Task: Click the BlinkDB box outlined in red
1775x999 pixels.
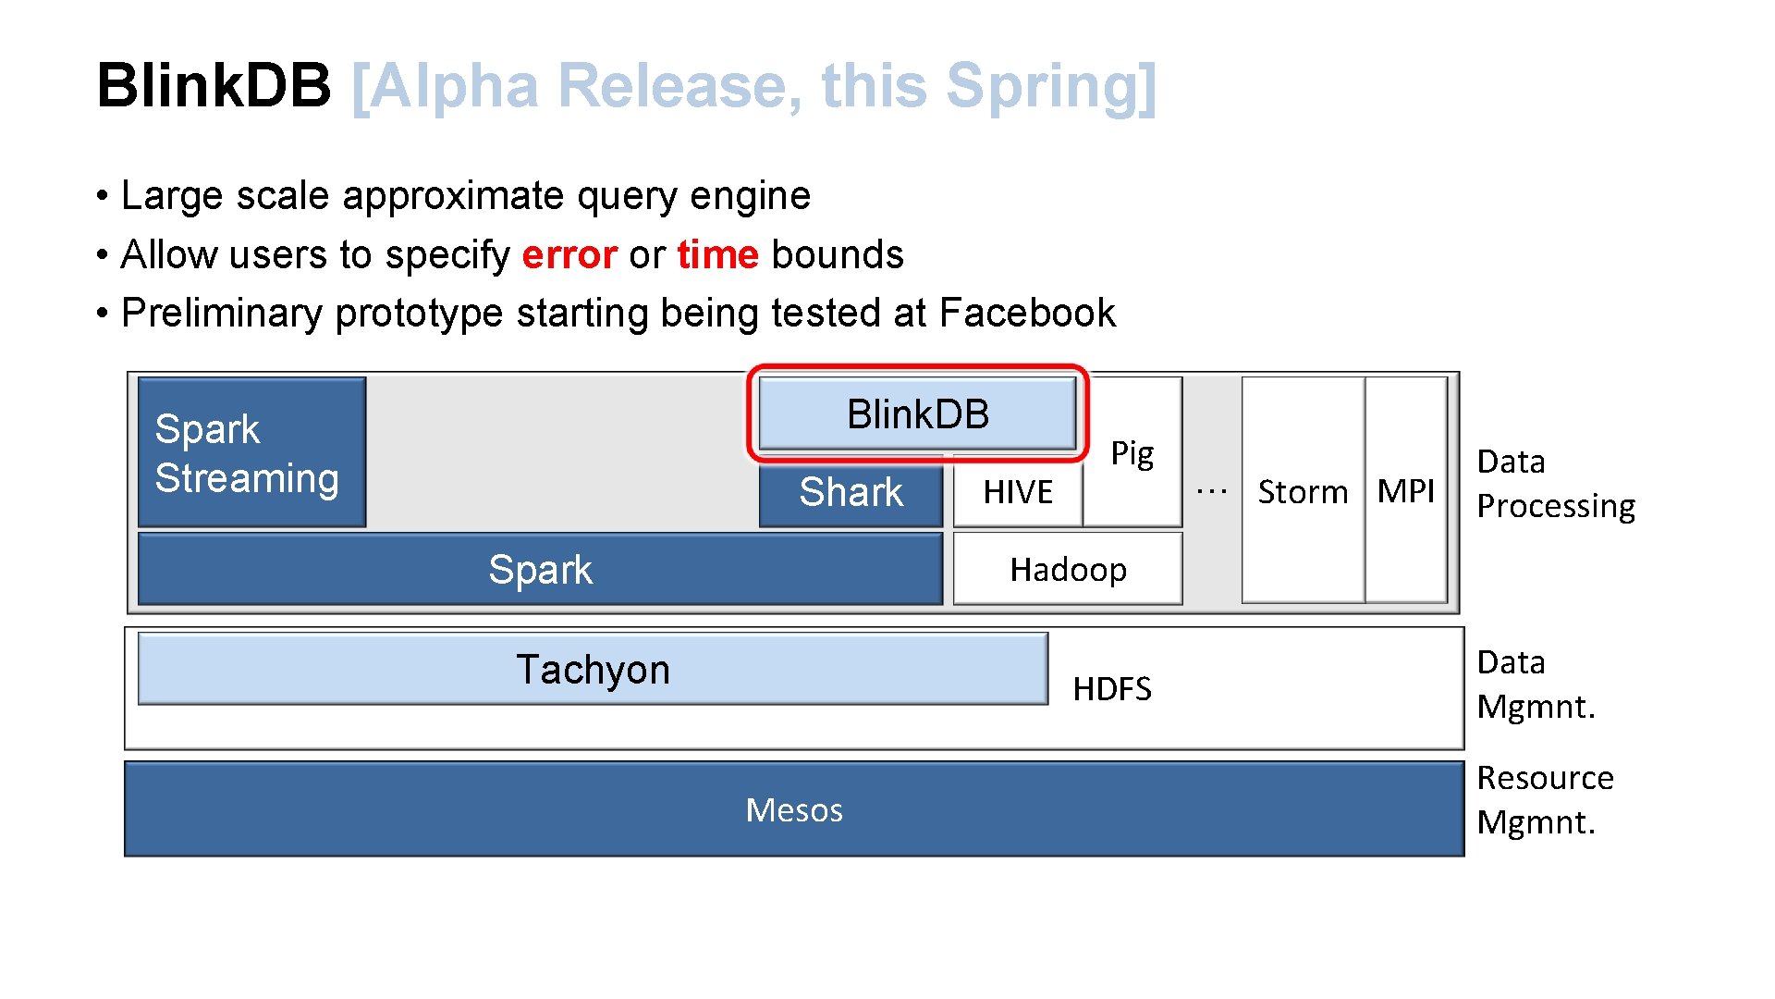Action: (917, 413)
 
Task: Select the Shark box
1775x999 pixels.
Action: (851, 492)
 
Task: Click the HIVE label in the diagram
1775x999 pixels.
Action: (1018, 492)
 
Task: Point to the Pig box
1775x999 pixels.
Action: (1132, 453)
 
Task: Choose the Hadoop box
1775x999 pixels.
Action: (1068, 569)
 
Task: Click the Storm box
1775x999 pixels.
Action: (1303, 491)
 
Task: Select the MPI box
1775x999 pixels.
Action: (1405, 491)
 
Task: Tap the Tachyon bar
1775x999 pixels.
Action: (593, 669)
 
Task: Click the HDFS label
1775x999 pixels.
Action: (1112, 689)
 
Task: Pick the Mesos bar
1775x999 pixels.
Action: (793, 809)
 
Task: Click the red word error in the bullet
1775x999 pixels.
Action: (569, 254)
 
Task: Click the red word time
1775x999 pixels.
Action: (717, 254)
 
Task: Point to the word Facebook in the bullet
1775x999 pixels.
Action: (1027, 313)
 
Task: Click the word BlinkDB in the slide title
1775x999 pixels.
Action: (214, 85)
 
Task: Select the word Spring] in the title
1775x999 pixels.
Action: (1051, 85)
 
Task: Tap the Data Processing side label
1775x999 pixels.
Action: (1555, 484)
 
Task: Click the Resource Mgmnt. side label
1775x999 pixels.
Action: (1544, 800)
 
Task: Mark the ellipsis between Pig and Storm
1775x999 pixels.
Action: (1212, 491)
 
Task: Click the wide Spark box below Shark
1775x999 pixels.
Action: (540, 569)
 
